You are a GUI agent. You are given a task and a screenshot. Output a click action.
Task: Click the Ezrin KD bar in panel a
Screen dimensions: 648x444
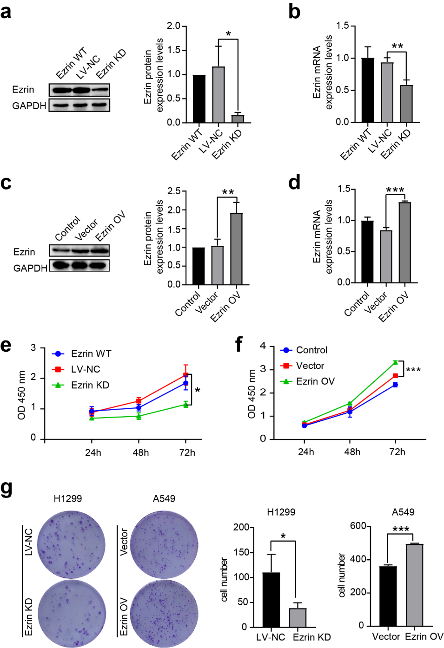(x=238, y=119)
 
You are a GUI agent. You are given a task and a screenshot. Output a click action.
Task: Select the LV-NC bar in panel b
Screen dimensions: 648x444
(x=387, y=92)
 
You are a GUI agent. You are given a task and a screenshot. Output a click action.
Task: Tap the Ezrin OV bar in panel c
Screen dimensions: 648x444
(x=236, y=249)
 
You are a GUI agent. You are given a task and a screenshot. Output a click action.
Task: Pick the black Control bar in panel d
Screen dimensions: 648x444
(x=367, y=251)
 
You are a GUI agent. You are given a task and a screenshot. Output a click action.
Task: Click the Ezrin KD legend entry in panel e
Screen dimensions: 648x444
(x=90, y=385)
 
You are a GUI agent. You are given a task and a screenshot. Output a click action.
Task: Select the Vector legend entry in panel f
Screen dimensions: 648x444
(x=310, y=366)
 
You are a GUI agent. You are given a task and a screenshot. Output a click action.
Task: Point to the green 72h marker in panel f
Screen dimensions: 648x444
(x=395, y=362)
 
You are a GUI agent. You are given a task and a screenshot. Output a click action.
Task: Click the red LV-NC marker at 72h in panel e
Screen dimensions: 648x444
(x=186, y=374)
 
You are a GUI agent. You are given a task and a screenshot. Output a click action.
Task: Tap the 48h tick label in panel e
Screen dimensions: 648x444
(x=140, y=452)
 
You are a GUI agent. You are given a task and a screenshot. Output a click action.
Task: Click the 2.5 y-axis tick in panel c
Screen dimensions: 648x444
(x=174, y=191)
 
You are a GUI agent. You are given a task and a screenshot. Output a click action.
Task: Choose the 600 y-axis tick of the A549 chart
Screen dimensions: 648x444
(x=358, y=526)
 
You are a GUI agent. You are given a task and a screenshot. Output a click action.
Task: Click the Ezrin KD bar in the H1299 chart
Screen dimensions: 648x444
(x=298, y=617)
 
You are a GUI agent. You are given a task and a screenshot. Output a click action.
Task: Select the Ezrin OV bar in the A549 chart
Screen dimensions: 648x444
(x=414, y=585)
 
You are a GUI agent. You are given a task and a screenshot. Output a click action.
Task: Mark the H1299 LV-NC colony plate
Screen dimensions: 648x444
(x=71, y=544)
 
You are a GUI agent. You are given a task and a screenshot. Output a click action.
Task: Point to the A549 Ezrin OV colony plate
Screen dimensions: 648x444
(x=164, y=613)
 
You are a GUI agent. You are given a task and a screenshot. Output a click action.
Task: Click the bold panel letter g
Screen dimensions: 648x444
(x=7, y=489)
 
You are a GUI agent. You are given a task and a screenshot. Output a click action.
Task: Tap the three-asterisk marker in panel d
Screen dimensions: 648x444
(x=395, y=190)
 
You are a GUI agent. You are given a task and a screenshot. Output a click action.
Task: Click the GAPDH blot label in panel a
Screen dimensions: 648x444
(x=29, y=106)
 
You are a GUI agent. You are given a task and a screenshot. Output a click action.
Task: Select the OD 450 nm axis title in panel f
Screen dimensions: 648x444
(x=252, y=394)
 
